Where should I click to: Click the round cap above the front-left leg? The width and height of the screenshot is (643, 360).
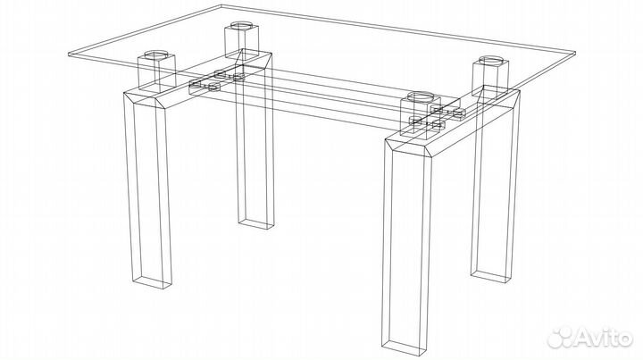(x=156, y=54)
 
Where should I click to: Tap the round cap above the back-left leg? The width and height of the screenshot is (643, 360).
(x=241, y=25)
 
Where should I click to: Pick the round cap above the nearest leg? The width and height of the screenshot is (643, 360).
(x=421, y=97)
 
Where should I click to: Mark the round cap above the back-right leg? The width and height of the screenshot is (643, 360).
(x=490, y=60)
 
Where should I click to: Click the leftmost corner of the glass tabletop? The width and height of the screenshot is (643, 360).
(x=69, y=54)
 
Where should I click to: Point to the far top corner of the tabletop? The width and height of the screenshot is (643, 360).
(x=221, y=5)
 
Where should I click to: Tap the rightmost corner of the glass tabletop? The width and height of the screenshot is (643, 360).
(x=575, y=54)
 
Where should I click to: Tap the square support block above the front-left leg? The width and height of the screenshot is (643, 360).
(x=156, y=71)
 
